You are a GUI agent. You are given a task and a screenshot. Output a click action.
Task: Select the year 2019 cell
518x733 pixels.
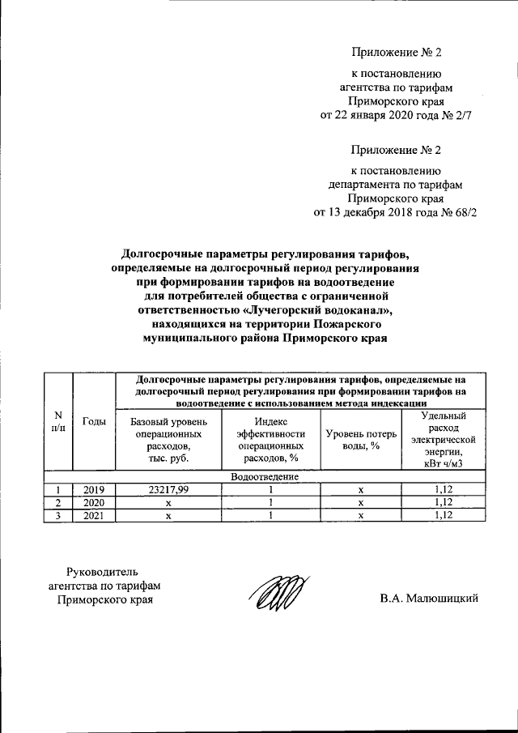point(95,490)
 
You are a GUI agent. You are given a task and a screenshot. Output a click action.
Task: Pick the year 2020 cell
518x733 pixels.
point(95,502)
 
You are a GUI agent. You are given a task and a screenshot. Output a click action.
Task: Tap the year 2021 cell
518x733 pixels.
point(95,514)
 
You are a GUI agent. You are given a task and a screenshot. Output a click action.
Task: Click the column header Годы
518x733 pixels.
point(95,421)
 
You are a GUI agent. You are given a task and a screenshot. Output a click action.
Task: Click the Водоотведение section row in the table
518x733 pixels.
point(265,477)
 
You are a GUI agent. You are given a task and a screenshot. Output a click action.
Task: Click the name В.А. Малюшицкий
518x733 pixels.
point(430,599)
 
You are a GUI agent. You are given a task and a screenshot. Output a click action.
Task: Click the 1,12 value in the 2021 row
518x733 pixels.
point(441,514)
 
